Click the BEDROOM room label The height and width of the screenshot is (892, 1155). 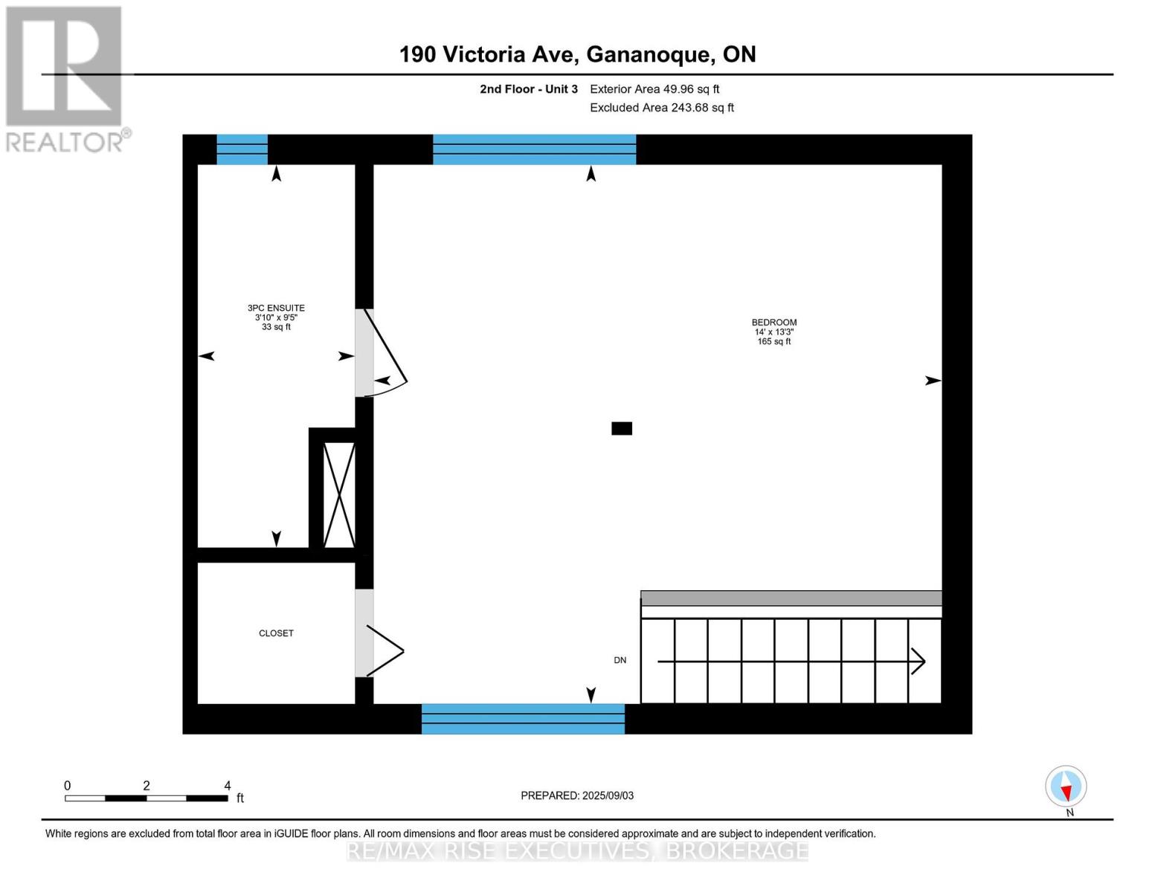coord(773,323)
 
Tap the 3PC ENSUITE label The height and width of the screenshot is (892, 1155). coord(276,308)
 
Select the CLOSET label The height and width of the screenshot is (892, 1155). coord(276,633)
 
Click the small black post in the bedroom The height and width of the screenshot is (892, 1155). coord(622,428)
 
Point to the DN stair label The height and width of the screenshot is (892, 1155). coord(620,660)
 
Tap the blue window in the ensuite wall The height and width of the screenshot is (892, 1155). coord(242,149)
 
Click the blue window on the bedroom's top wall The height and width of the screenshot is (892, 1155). coord(534,149)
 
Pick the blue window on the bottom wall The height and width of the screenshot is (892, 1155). coord(523,719)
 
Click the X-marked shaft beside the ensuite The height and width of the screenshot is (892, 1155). coord(339,495)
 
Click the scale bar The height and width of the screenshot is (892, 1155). coord(146,798)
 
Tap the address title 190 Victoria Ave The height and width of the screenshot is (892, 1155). coord(577,54)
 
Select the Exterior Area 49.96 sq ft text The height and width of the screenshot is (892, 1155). coord(654,89)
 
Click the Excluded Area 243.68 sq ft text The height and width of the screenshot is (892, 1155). coord(662,108)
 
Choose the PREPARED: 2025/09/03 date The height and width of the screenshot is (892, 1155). coord(577,795)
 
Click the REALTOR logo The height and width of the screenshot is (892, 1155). coord(65,78)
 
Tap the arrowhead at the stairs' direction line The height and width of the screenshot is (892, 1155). coord(919,661)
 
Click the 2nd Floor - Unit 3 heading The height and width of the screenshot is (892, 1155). coord(528,89)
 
